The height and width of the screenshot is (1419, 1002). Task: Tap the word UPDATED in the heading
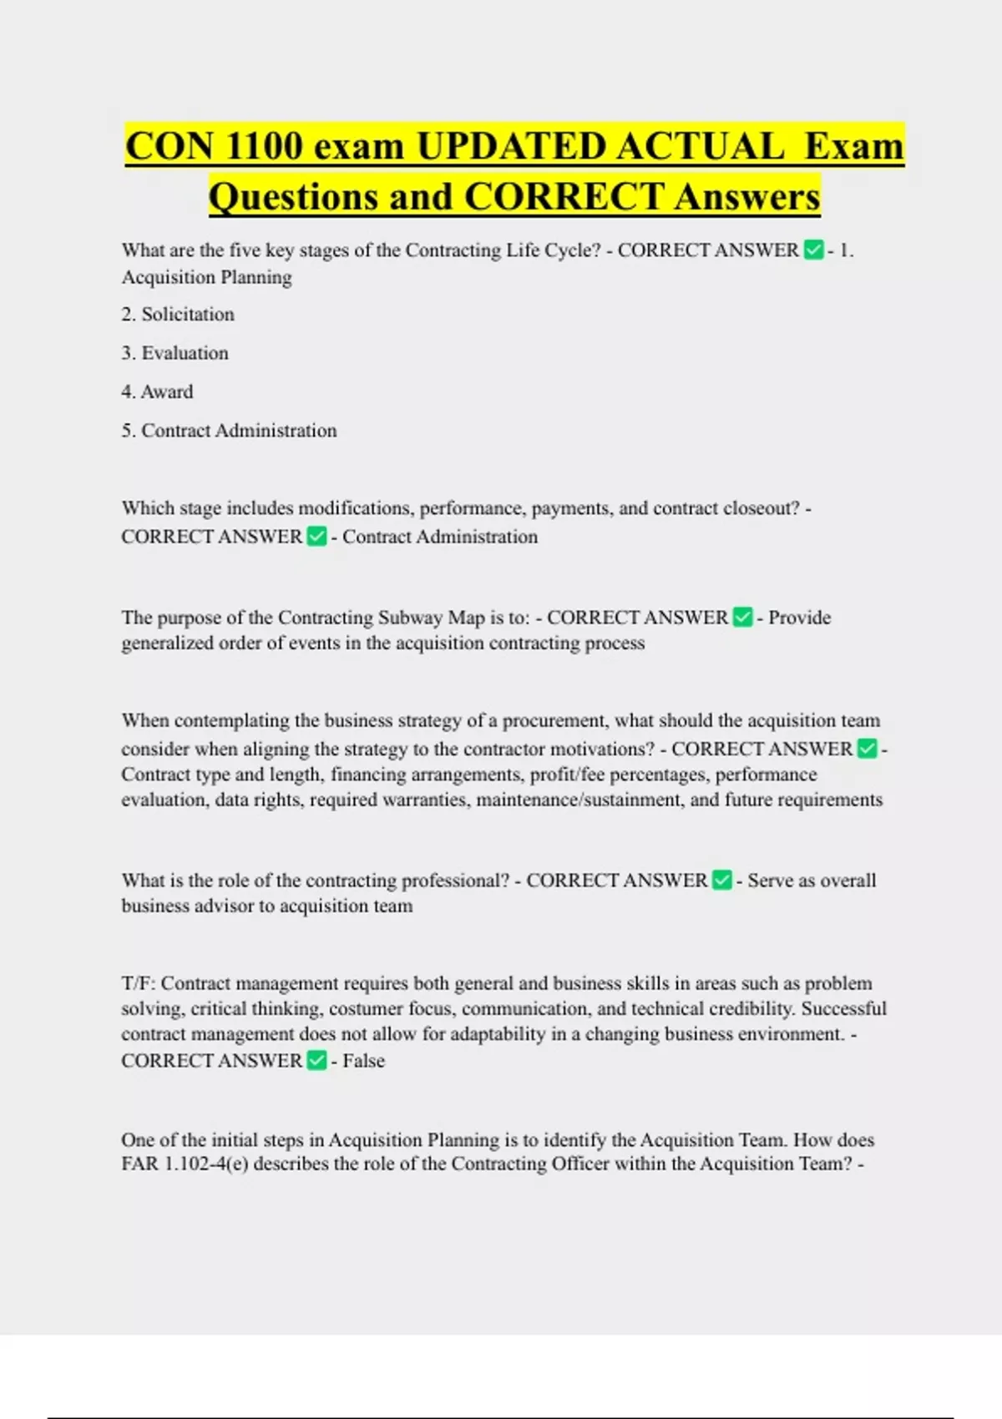pos(512,147)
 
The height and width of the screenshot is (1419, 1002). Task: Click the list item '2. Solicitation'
pos(178,315)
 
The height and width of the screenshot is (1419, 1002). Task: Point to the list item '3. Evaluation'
pos(175,353)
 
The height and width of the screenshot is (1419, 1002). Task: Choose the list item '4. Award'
pos(157,391)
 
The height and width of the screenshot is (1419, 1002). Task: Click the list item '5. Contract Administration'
pos(229,431)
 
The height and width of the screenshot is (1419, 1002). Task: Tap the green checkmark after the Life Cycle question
pos(813,250)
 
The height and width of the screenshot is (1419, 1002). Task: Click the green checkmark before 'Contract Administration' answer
pos(316,536)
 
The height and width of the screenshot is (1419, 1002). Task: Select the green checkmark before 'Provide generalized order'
pos(742,617)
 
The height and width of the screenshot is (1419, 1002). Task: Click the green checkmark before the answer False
pos(316,1060)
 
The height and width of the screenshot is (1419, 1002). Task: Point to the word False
pos(364,1061)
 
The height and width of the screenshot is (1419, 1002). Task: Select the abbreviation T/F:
pos(138,983)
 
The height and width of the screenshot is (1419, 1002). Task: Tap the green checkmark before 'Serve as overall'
pos(722,880)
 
